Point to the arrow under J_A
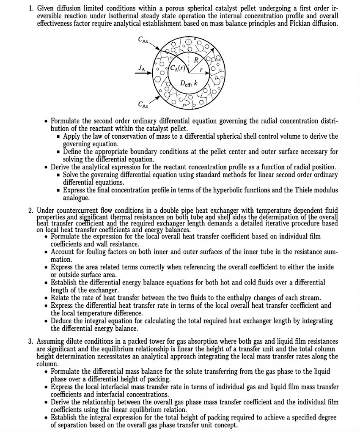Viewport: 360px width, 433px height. click(144, 72)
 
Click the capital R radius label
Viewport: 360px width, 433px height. click(196, 60)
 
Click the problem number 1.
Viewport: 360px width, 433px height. click(31, 8)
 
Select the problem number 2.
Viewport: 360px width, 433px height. click(31, 210)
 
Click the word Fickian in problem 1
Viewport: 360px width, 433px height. click(299, 24)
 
